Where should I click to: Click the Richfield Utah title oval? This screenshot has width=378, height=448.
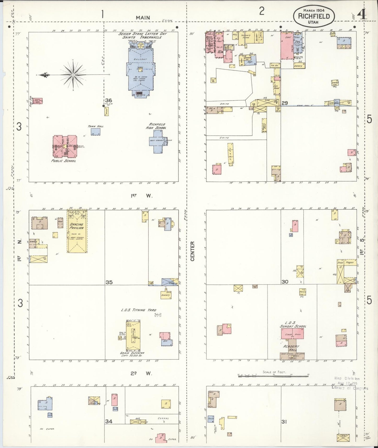click(x=313, y=16)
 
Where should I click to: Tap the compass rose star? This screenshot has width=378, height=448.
click(x=73, y=75)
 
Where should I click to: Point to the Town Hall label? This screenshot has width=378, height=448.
click(x=95, y=126)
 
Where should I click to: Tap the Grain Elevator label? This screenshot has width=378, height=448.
click(x=132, y=353)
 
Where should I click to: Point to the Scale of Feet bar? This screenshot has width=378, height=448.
click(x=273, y=376)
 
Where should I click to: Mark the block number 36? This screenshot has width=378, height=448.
click(x=109, y=100)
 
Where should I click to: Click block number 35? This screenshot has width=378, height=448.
click(x=109, y=282)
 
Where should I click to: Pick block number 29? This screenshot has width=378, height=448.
click(x=285, y=103)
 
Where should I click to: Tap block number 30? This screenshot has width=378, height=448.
click(x=285, y=282)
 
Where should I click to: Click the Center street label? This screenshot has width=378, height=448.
click(x=193, y=251)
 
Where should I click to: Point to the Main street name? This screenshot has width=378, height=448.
click(x=143, y=18)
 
